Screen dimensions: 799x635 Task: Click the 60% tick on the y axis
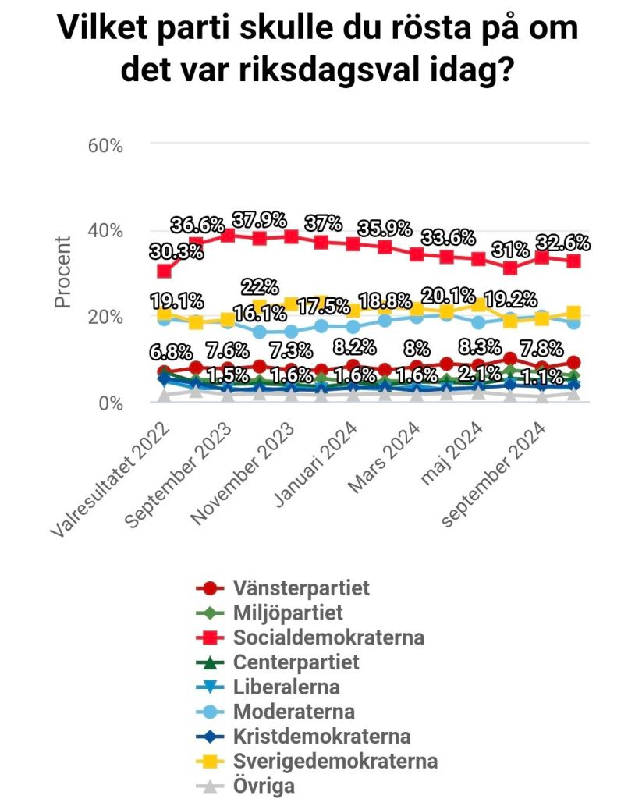pyautogui.click(x=105, y=145)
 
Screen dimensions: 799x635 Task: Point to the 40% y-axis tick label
pyautogui.click(x=105, y=231)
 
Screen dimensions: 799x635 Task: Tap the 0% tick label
pyautogui.click(x=109, y=403)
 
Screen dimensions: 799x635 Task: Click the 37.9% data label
pyautogui.click(x=258, y=219)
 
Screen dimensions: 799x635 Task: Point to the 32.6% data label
pyautogui.click(x=562, y=242)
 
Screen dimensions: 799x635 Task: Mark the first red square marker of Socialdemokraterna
pyautogui.click(x=164, y=271)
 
